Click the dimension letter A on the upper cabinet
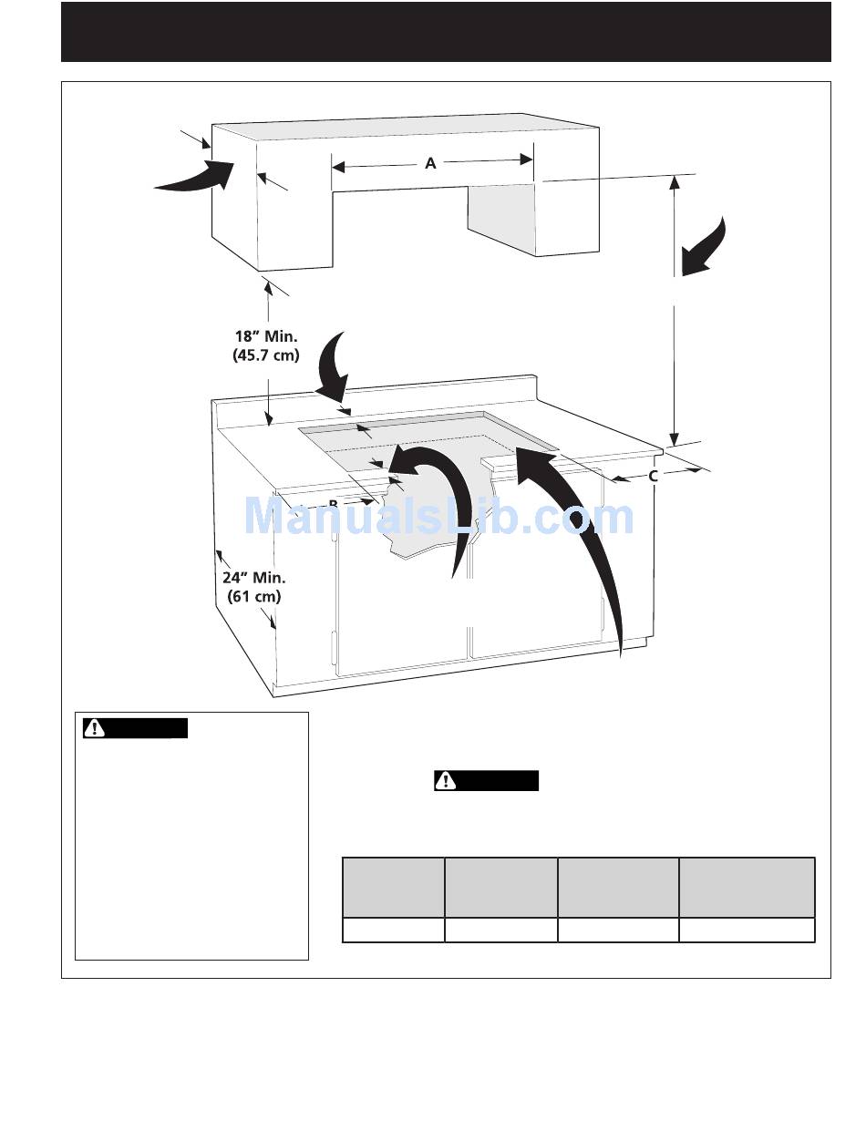[430, 164]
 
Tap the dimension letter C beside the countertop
[654, 476]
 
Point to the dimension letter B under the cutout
[334, 503]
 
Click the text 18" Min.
[266, 336]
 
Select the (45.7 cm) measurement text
[266, 355]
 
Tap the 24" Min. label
[253, 577]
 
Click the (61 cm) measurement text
[253, 597]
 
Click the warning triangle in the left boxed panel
[94, 728]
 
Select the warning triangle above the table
[446, 781]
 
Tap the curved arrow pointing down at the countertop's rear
[336, 365]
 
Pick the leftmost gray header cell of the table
[393, 887]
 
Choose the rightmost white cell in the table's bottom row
[747, 930]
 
